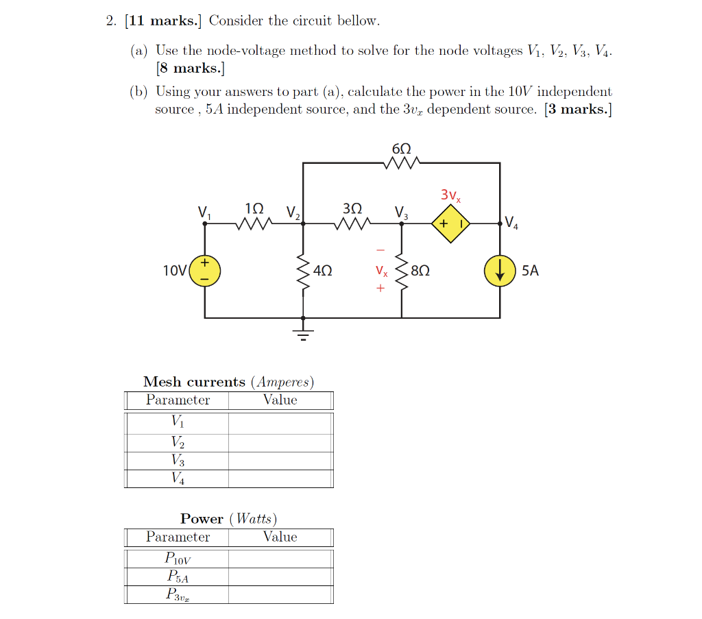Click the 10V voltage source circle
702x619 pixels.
(x=204, y=271)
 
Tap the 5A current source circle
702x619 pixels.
(x=500, y=271)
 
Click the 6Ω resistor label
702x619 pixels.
(x=402, y=149)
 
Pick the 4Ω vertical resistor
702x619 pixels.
(x=302, y=271)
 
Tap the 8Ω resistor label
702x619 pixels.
(x=420, y=271)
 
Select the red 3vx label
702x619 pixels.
(x=450, y=195)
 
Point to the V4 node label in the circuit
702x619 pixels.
(x=512, y=221)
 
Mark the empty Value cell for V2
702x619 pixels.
(x=280, y=443)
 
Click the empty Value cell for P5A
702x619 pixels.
(x=280, y=576)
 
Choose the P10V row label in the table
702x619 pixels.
(x=178, y=559)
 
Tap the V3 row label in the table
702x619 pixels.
(x=178, y=461)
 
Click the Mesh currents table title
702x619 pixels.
(x=228, y=382)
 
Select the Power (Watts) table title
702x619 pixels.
(x=228, y=519)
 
